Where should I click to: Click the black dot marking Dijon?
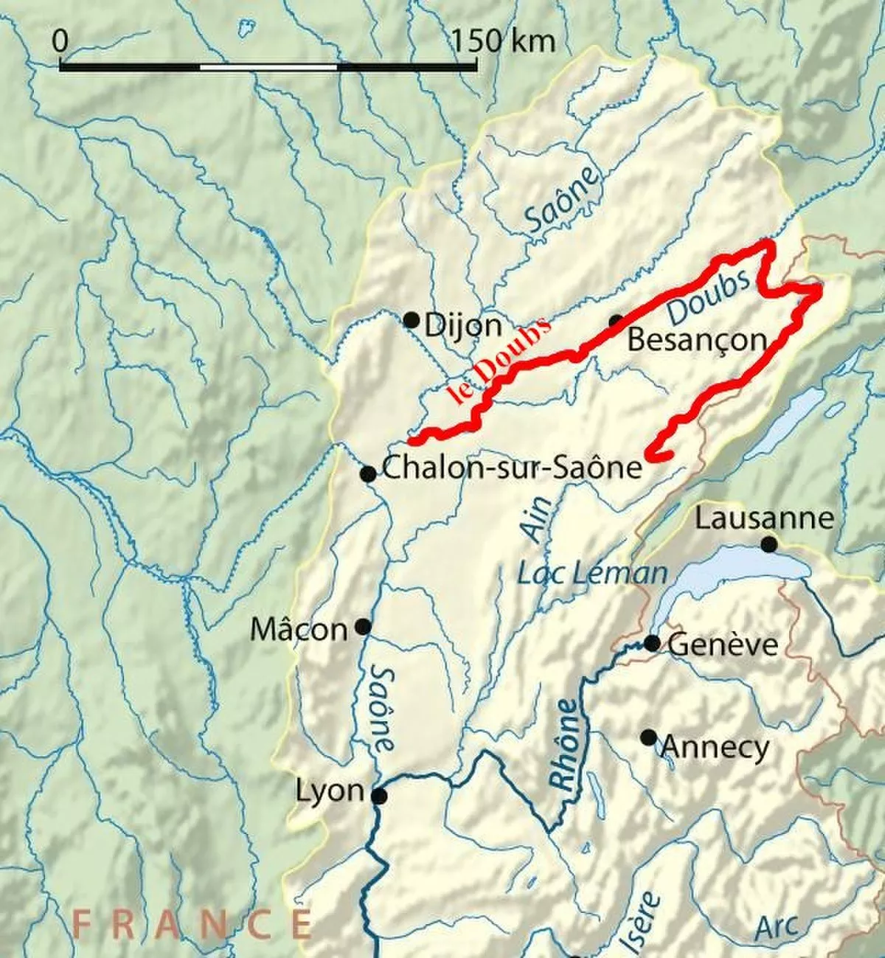coord(412,320)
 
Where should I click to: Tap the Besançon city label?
coord(697,341)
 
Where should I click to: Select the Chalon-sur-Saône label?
coord(513,468)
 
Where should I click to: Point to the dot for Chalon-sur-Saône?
coord(367,474)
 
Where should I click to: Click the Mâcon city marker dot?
coord(363,627)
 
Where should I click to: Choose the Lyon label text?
coord(330,791)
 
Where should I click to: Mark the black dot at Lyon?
coord(379,796)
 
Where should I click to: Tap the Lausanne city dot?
coord(769,544)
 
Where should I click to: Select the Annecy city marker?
coord(648,737)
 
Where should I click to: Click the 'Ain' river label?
coord(538,518)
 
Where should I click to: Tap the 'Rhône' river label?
coord(566,746)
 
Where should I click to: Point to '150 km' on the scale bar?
coord(504,41)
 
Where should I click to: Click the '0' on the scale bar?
coord(60,41)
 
